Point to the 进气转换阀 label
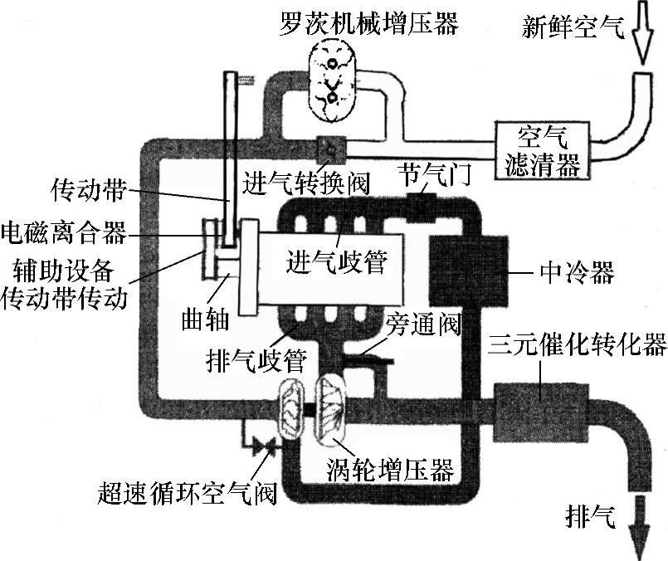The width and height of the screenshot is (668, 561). [x=306, y=179]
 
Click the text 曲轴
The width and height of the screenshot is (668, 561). [x=203, y=320]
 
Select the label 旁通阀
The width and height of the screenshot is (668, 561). [x=422, y=320]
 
